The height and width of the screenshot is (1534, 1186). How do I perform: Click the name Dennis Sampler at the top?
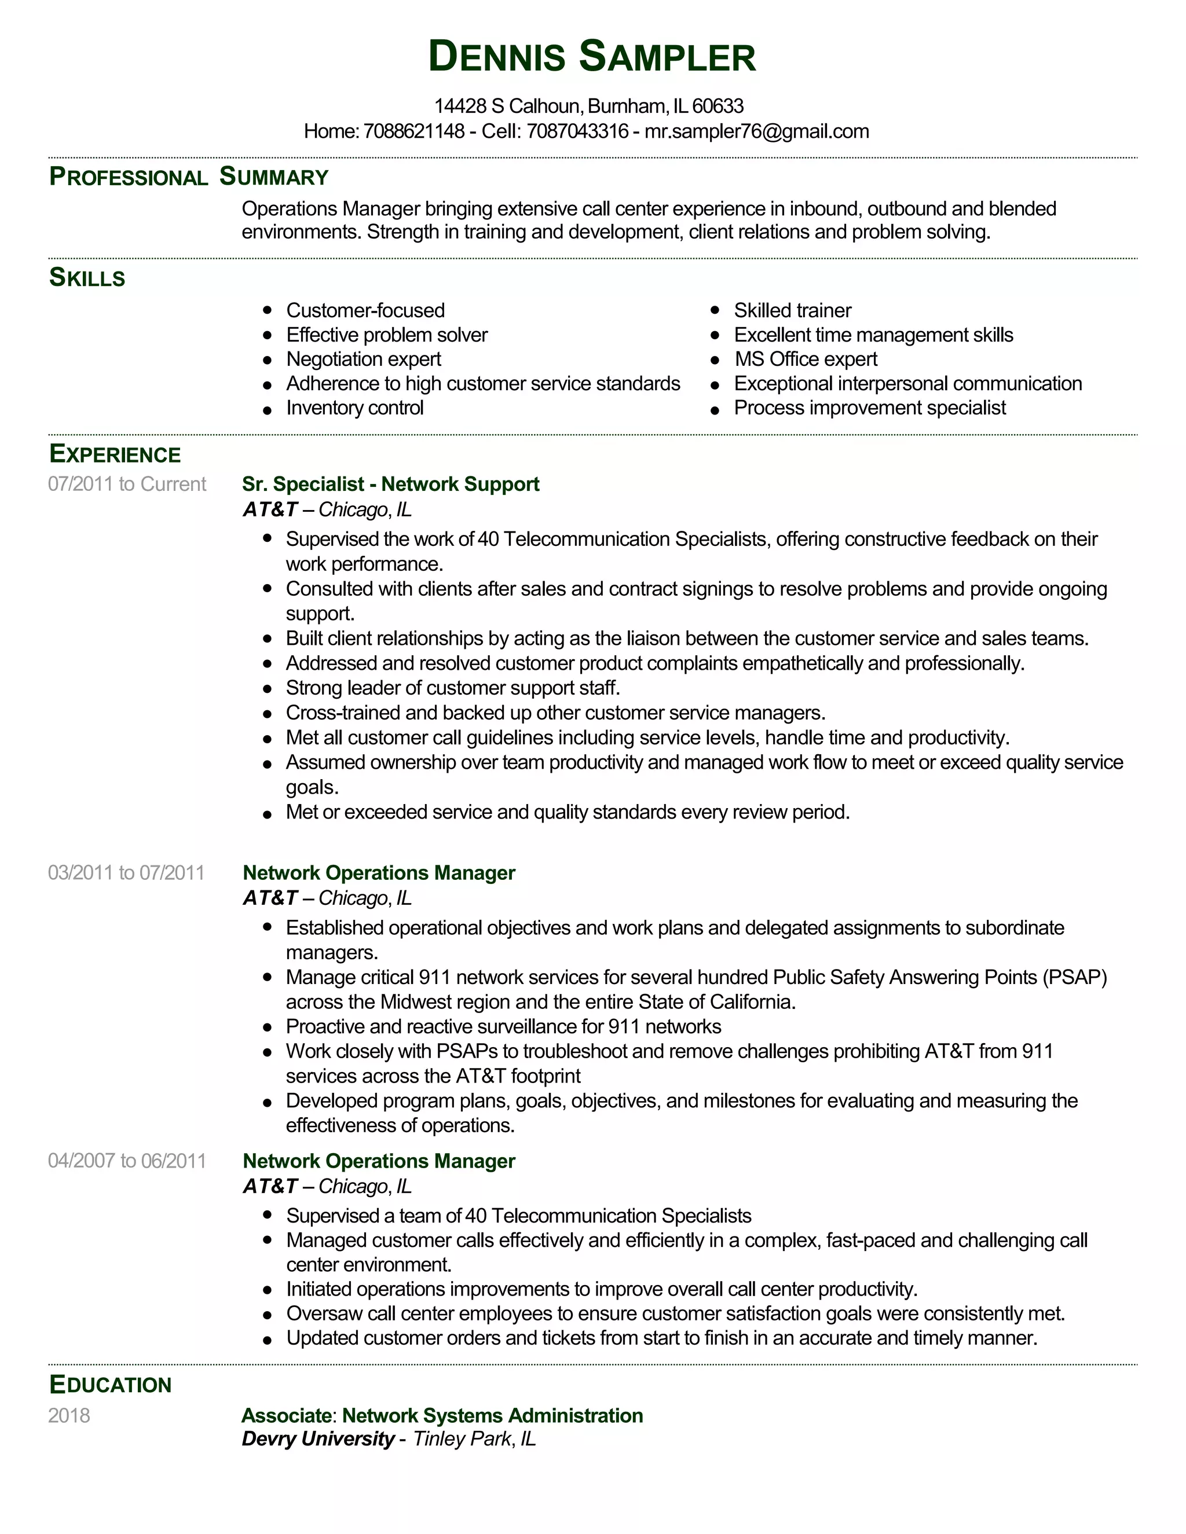tap(592, 57)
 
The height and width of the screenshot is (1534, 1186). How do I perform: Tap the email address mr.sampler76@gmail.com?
tap(757, 131)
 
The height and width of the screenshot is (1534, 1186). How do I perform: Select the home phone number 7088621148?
tap(414, 131)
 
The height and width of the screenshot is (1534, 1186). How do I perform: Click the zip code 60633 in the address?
tap(718, 106)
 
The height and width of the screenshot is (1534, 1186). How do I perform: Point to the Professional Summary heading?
tap(188, 177)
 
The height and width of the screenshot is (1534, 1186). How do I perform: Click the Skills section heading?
tap(87, 278)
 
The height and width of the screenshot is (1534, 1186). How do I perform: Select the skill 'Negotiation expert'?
tap(363, 359)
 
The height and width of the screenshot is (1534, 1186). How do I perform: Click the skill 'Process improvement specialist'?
tap(869, 408)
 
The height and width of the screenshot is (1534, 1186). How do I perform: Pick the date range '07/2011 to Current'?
tap(127, 484)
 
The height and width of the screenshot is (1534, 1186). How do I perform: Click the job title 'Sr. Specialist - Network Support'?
tap(391, 484)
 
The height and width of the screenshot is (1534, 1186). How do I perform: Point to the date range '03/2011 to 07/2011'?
tap(126, 872)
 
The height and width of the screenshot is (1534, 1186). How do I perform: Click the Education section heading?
tap(110, 1385)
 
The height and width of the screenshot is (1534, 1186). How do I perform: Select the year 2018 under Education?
tap(69, 1415)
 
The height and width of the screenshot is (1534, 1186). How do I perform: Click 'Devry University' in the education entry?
tap(317, 1438)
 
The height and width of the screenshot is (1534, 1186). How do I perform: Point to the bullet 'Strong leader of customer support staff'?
tap(452, 688)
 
